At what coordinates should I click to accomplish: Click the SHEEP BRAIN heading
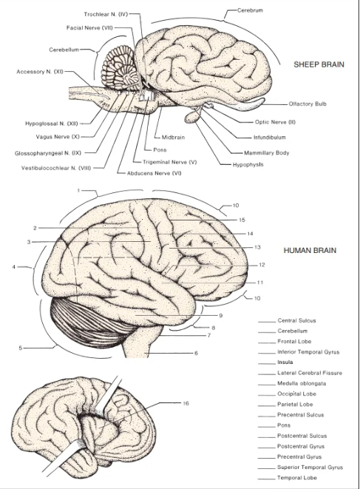[319, 64]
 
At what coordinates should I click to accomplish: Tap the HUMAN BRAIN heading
[310, 251]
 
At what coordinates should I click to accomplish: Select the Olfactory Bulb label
[308, 104]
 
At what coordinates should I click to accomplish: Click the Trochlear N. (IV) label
[106, 14]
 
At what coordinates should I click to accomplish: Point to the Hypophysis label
[248, 165]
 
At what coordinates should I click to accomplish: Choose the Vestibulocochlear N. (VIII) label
[56, 168]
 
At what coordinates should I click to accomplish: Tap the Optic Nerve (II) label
[275, 122]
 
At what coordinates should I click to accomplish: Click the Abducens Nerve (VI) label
[154, 173]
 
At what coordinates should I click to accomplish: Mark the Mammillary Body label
[267, 153]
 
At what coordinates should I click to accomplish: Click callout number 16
[186, 403]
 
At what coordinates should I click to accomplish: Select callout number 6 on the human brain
[196, 353]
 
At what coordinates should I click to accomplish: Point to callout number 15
[242, 220]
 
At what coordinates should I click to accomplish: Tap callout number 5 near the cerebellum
[21, 348]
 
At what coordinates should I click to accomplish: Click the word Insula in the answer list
[285, 362]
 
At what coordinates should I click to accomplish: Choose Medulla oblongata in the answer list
[302, 383]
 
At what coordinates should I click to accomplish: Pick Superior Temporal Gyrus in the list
[310, 467]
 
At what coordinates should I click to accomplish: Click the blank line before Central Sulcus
[267, 322]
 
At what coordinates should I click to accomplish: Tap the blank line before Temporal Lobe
[267, 479]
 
